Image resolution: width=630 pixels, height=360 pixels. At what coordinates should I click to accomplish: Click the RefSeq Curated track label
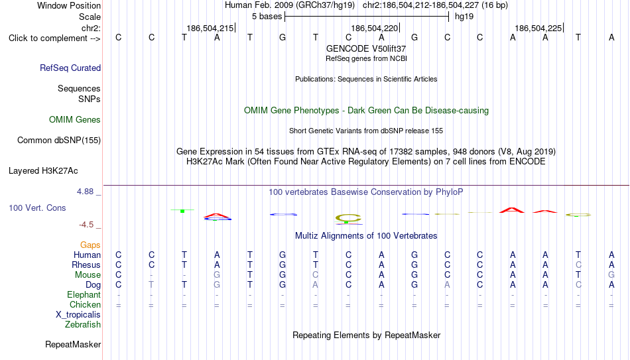pos(70,68)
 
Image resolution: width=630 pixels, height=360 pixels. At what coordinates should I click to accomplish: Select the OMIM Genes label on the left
pos(75,120)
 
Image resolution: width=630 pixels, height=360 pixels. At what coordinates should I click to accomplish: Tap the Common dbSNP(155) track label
pos(59,141)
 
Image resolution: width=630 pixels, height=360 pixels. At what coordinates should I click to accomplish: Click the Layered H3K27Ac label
pos(43,171)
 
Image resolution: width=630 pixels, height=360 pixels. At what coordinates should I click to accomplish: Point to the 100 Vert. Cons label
pos(37,208)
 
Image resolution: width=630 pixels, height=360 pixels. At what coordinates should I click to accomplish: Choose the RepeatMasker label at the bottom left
pos(73,344)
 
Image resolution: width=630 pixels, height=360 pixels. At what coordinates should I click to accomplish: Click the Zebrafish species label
pos(83,324)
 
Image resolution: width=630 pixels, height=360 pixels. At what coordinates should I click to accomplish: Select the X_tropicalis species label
pos(78,315)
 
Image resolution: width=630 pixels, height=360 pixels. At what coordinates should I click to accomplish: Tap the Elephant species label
pos(84,294)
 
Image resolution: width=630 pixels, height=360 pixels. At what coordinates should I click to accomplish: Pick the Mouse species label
pos(88,275)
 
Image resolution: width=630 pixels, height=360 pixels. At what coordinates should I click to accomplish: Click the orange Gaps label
pos(90,245)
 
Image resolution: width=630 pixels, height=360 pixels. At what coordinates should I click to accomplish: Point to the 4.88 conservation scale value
pos(85,192)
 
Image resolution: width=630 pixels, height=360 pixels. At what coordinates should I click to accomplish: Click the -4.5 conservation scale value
pos(86,225)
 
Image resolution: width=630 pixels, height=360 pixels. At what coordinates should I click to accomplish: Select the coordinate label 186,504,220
pos(374,28)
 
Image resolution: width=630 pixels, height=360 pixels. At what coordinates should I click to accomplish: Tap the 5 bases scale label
pos(267,17)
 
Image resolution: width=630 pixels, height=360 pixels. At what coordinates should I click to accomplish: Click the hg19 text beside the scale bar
pos(464,17)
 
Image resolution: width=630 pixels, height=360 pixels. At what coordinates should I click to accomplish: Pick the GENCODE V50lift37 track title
pos(366,48)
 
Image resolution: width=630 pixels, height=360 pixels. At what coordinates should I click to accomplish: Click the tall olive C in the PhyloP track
pos(348,218)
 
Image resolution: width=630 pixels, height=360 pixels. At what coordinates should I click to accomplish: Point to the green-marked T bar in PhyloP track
pos(182,211)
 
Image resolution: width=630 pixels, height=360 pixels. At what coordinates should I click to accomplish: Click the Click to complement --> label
pos(54,38)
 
